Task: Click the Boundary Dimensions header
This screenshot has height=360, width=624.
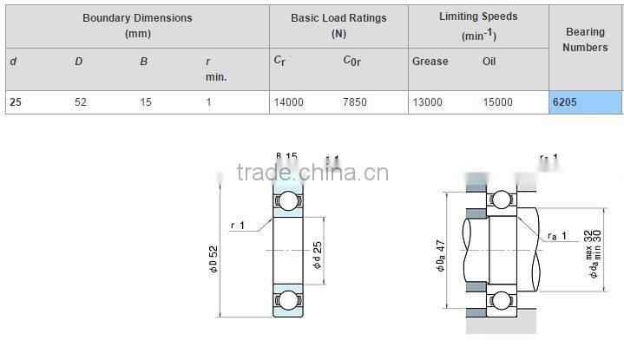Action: point(137,25)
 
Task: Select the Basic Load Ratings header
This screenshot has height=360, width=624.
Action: point(338,25)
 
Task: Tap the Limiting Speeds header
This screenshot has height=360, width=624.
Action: point(478,24)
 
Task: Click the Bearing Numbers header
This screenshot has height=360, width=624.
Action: point(585,40)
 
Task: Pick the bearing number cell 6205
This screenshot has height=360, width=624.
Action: point(565,102)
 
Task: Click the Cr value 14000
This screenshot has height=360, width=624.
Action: point(288,102)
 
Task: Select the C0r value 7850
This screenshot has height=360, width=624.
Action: point(355,102)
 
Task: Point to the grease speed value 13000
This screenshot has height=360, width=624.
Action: point(426,102)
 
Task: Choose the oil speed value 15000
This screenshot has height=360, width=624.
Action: point(497,102)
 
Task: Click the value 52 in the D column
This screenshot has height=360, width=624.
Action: point(81,102)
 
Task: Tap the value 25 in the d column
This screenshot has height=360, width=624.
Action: point(15,102)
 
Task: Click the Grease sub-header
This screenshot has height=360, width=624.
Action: point(430,62)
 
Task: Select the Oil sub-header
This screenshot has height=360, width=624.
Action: point(489,62)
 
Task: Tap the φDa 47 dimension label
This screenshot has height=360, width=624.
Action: point(440,253)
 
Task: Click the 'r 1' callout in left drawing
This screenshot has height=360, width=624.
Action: point(238,226)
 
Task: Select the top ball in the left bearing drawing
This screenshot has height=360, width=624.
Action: point(286,200)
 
